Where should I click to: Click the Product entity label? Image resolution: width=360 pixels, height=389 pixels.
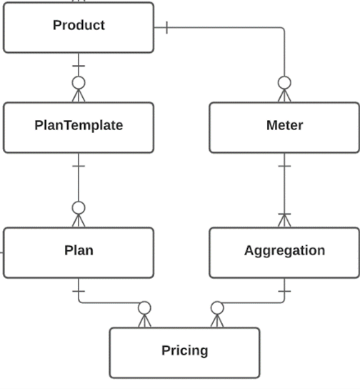pyautogui.click(x=79, y=25)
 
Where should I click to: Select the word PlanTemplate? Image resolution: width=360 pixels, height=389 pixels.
pyautogui.click(x=79, y=125)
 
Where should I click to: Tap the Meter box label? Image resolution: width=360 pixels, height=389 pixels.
pyautogui.click(x=285, y=125)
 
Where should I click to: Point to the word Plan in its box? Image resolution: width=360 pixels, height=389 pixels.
pyautogui.click(x=79, y=250)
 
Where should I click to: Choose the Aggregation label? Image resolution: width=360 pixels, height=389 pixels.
pyautogui.click(x=285, y=250)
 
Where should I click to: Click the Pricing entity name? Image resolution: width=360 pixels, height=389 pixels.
pyautogui.click(x=185, y=350)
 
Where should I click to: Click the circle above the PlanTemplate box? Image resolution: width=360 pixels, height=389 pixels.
pyautogui.click(x=79, y=83)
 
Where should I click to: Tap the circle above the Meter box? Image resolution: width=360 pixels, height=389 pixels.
pyautogui.click(x=284, y=83)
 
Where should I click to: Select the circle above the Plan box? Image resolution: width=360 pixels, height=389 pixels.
pyautogui.click(x=79, y=208)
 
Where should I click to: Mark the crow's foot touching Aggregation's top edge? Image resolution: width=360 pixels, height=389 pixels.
pyautogui.click(x=284, y=220)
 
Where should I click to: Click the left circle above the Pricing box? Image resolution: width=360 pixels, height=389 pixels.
pyautogui.click(x=144, y=308)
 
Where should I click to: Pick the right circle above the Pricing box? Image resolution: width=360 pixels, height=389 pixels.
pyautogui.click(x=217, y=308)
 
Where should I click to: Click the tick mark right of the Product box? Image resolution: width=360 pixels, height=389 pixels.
pyautogui.click(x=167, y=28)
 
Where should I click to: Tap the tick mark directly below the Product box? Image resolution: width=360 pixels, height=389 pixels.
pyautogui.click(x=79, y=66)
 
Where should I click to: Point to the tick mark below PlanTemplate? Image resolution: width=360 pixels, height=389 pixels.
pyautogui.click(x=79, y=166)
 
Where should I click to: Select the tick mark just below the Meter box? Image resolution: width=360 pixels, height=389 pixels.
pyautogui.click(x=284, y=166)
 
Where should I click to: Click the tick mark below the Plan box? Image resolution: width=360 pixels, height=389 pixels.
pyautogui.click(x=79, y=291)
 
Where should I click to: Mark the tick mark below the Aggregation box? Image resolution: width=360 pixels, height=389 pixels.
pyautogui.click(x=284, y=291)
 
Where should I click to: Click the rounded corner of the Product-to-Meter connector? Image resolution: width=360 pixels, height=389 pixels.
pyautogui.click(x=283, y=29)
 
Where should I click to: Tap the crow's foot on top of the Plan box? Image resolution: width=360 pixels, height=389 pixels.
pyautogui.click(x=79, y=221)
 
